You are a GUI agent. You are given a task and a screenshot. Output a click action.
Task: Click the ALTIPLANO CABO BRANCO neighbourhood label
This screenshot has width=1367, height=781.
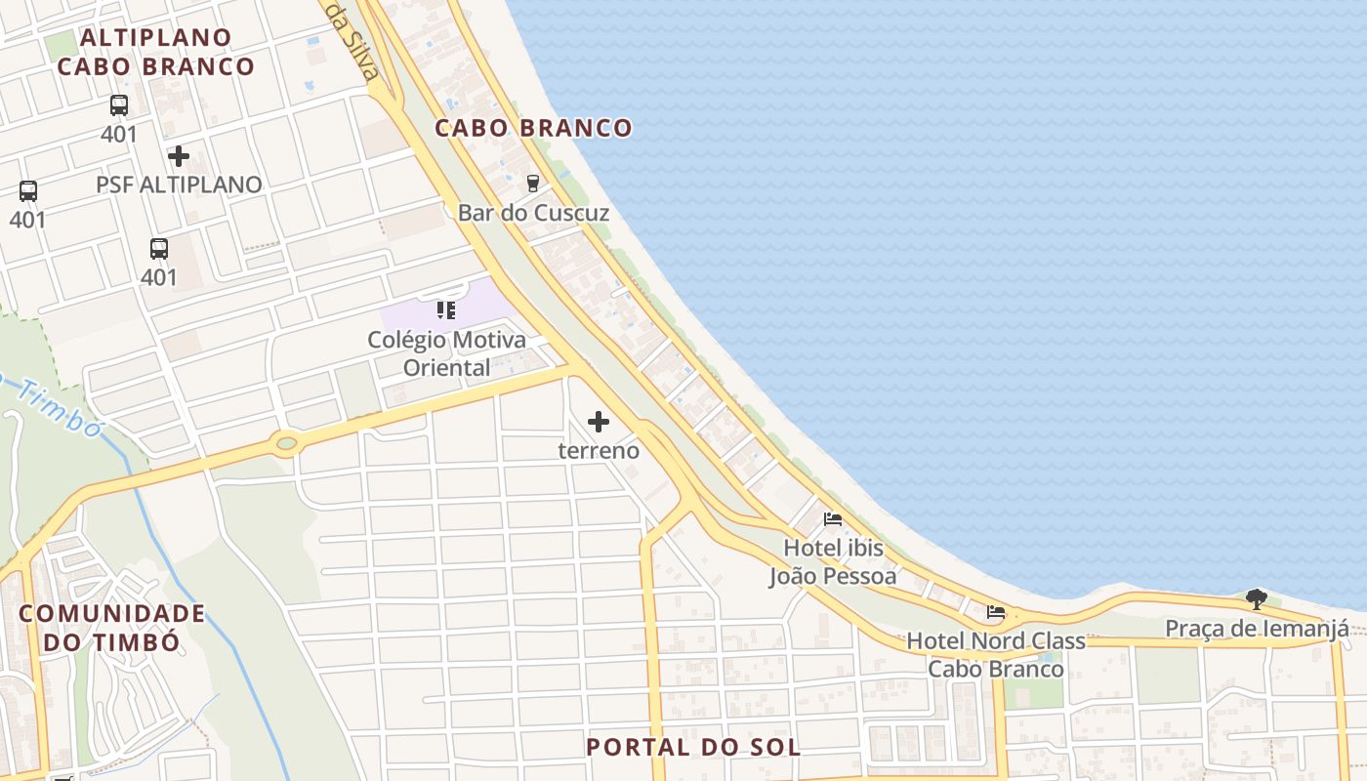[156, 52]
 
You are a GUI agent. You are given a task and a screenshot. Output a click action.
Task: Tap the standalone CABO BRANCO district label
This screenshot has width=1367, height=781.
[533, 128]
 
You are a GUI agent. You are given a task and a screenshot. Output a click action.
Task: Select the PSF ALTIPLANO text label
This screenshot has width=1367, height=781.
[179, 185]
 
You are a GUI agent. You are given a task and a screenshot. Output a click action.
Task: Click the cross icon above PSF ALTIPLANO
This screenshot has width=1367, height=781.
[179, 156]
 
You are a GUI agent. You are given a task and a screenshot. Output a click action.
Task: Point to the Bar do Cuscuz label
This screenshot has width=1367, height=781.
[533, 213]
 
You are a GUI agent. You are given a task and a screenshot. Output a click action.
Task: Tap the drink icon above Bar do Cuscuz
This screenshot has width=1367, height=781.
[532, 183]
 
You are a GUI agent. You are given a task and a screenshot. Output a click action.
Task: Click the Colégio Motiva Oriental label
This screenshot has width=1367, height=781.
[446, 353]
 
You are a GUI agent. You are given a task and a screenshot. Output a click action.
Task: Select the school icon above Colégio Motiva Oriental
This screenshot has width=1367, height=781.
[446, 310]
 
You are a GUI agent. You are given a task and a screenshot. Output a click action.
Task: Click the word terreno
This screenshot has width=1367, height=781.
[599, 451]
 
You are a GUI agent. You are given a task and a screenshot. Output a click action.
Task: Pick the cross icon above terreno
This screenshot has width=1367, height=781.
[599, 422]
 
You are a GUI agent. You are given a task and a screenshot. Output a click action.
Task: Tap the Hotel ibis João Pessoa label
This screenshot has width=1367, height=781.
[833, 562]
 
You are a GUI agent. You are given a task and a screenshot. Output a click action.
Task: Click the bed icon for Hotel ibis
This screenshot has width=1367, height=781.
[833, 519]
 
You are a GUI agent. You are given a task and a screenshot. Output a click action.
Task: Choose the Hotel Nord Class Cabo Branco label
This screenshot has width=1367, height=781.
[996, 655]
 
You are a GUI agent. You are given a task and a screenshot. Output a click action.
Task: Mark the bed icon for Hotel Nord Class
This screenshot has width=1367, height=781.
[996, 613]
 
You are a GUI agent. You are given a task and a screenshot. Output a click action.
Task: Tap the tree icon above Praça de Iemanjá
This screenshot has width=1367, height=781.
[1257, 598]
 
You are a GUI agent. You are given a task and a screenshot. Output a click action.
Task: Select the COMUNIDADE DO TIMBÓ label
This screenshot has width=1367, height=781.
[112, 628]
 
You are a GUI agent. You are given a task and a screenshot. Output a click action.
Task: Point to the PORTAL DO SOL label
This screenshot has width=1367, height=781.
[693, 748]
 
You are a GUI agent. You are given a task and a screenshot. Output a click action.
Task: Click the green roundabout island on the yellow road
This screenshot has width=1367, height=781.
[286, 444]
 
